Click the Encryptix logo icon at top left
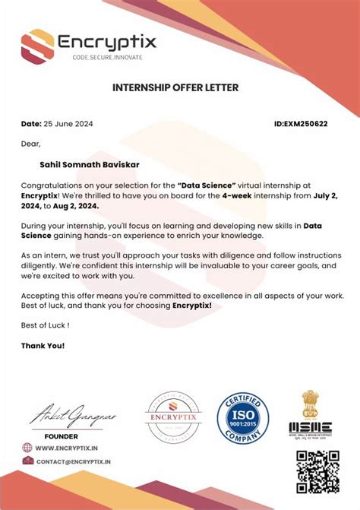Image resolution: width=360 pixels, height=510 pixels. tap(37, 45)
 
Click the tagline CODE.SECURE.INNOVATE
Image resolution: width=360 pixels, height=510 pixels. tap(106, 58)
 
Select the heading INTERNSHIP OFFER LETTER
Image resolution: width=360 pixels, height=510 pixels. tap(175, 87)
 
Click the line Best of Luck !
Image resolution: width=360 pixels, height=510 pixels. tap(45, 325)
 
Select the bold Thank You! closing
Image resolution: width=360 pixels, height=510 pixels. tap(43, 345)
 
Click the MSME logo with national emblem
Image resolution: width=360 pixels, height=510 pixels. tap(309, 415)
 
